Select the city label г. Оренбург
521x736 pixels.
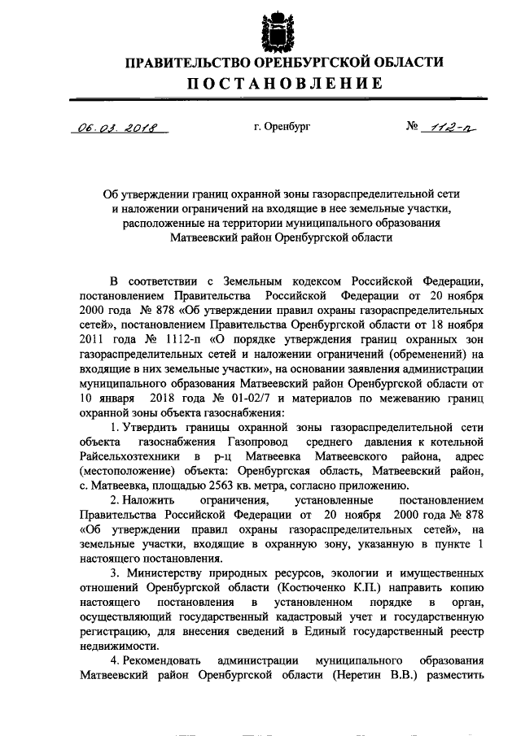tap(282, 127)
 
